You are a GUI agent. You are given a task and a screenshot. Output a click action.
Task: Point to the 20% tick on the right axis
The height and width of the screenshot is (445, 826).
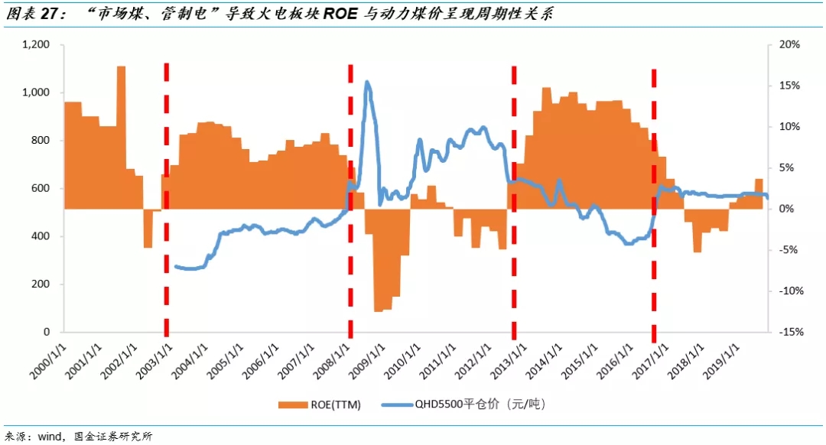tap(789, 45)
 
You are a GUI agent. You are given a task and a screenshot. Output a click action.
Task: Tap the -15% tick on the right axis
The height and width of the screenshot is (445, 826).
tap(789, 333)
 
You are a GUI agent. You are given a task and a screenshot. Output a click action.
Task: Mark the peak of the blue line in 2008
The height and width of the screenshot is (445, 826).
tap(368, 82)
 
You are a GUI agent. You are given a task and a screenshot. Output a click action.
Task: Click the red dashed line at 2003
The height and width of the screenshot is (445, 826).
tap(166, 199)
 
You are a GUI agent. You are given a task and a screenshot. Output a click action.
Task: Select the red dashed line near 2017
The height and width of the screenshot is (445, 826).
tap(654, 199)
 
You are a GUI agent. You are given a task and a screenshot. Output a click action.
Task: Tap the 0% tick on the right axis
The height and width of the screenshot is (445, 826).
tap(787, 209)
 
